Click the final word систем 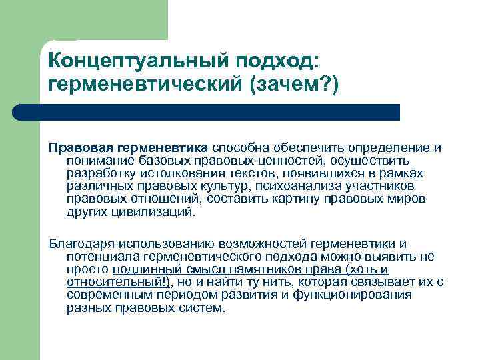[204, 308]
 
